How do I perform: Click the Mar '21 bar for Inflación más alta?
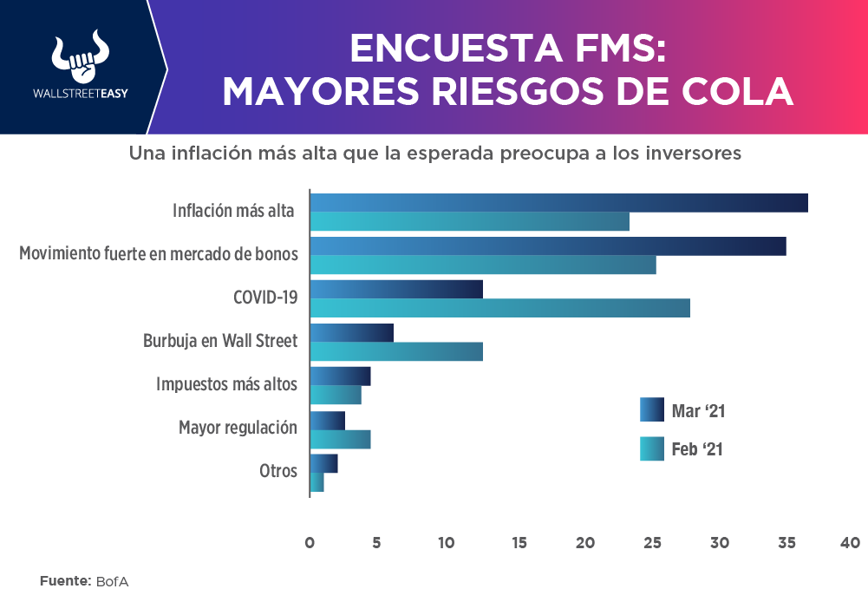click(559, 203)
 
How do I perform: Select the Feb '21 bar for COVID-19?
click(500, 308)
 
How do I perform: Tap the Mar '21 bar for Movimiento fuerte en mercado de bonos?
click(548, 246)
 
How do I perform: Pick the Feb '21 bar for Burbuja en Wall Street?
click(396, 351)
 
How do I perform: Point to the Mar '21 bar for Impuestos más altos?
click(341, 376)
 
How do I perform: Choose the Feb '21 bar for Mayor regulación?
click(341, 439)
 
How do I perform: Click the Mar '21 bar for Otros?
click(324, 463)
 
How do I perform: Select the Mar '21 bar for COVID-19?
click(396, 289)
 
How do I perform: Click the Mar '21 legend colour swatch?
click(651, 409)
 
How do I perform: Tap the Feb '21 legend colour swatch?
click(651, 449)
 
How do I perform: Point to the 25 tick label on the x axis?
click(652, 543)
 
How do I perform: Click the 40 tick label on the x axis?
click(850, 543)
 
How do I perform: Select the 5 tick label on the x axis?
click(376, 543)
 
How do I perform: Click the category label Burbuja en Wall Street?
click(220, 341)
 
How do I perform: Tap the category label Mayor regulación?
click(238, 428)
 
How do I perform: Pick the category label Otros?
click(278, 471)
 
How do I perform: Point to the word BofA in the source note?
click(113, 580)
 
